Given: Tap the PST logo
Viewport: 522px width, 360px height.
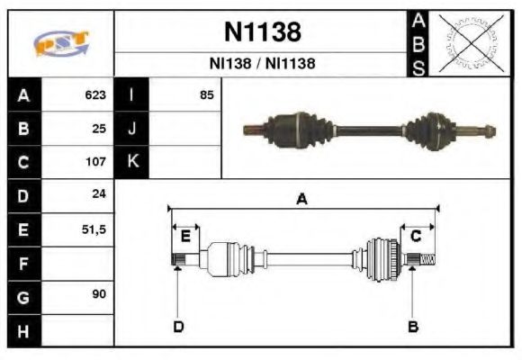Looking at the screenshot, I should tap(61, 43).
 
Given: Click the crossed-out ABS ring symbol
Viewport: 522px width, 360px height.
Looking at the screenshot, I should tap(467, 43).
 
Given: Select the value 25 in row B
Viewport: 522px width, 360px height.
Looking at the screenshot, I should tap(99, 129).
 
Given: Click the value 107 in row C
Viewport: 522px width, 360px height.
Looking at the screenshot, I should tap(96, 163).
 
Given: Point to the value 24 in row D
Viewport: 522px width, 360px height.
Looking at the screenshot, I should tap(99, 195).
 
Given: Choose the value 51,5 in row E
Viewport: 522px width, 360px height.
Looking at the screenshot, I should tap(94, 229).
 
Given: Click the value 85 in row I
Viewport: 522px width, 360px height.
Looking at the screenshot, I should tap(207, 95).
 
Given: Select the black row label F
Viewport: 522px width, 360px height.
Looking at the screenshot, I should tap(23, 264).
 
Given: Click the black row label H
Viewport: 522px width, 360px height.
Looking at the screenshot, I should tap(23, 330).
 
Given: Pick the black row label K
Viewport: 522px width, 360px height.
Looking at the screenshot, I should tap(131, 163).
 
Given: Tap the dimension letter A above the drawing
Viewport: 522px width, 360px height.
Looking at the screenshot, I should tap(302, 200).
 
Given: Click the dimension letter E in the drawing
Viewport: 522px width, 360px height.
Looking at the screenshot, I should tap(185, 237).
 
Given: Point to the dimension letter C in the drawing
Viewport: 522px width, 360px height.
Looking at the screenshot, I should tap(416, 237).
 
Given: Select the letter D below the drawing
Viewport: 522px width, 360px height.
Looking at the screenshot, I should tap(177, 327).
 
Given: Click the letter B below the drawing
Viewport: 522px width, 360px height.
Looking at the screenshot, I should tap(412, 327).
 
